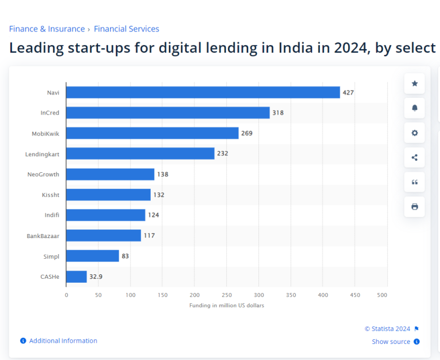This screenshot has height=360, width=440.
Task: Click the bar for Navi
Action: pyautogui.click(x=203, y=92)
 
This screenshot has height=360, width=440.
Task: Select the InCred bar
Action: pyautogui.click(x=168, y=113)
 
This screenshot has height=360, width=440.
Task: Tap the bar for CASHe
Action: pyautogui.click(x=76, y=276)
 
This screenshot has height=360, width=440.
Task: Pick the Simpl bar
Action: pyautogui.click(x=92, y=256)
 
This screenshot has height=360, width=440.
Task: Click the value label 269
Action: pyautogui.click(x=247, y=133)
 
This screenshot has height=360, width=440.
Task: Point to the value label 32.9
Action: pyautogui.click(x=96, y=276)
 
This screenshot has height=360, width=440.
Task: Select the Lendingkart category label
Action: pyautogui.click(x=42, y=154)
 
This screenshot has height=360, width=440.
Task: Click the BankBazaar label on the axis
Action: pyautogui.click(x=43, y=236)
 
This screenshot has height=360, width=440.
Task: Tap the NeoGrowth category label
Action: pyautogui.click(x=44, y=174)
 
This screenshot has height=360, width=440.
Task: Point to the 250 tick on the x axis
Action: pyautogui.click(x=227, y=295)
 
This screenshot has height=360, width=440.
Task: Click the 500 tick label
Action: pyautogui.click(x=382, y=295)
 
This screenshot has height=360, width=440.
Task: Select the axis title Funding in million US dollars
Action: pyautogui.click(x=227, y=306)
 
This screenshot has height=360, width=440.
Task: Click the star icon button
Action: pyautogui.click(x=414, y=84)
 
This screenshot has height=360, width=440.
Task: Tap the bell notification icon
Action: pyautogui.click(x=414, y=108)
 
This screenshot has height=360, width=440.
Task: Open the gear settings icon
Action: pyautogui.click(x=414, y=133)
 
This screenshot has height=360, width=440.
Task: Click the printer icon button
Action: pyautogui.click(x=414, y=207)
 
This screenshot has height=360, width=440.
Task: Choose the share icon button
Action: pyautogui.click(x=414, y=157)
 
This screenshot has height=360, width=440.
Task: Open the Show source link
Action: pyautogui.click(x=391, y=342)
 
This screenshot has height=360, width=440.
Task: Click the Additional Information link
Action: pyautogui.click(x=63, y=341)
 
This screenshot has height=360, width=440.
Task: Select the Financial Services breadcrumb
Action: pyautogui.click(x=127, y=29)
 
